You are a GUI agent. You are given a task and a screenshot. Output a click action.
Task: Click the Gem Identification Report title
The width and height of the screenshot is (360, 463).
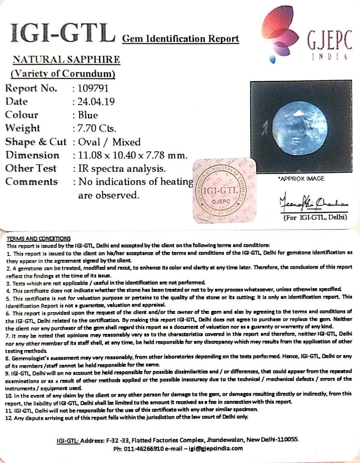click(x=180, y=39)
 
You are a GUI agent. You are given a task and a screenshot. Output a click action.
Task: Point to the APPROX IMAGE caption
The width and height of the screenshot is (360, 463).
click(x=301, y=179)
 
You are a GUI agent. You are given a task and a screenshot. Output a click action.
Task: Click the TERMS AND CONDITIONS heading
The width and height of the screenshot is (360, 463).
click(x=38, y=239)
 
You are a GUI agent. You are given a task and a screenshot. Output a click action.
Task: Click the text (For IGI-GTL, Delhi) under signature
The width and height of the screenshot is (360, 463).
click(x=315, y=217)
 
